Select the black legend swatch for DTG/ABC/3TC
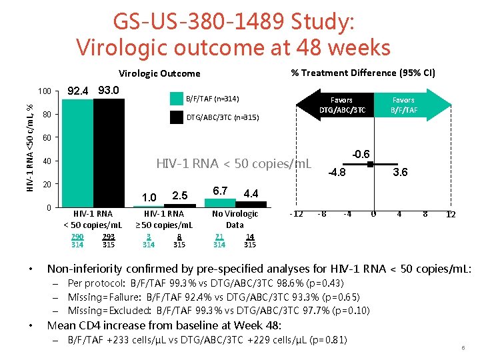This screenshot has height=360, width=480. click(x=176, y=117)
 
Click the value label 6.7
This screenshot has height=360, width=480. click(x=220, y=191)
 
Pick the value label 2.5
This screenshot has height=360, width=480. click(x=179, y=195)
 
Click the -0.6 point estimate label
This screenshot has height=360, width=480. click(x=363, y=153)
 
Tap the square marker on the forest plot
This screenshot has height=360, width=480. click(x=370, y=163)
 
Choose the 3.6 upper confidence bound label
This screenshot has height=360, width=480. click(x=400, y=173)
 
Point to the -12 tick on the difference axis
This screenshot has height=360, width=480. click(x=296, y=214)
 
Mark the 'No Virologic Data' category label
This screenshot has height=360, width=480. click(x=235, y=219)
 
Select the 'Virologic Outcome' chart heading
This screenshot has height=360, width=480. click(x=159, y=73)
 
